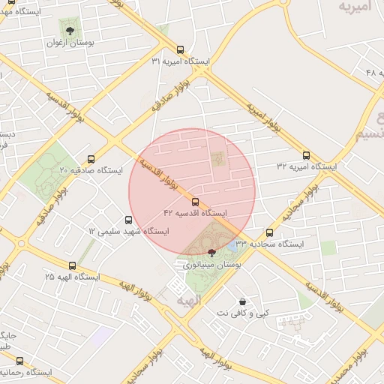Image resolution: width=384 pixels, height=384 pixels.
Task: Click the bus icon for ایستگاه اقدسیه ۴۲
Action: (x=195, y=202)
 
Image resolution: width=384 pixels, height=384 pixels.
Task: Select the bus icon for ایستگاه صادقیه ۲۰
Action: (x=91, y=159)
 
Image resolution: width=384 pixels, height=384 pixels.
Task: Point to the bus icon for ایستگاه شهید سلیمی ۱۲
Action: (x=128, y=220)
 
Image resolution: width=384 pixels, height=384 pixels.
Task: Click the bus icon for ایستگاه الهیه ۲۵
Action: (x=72, y=265)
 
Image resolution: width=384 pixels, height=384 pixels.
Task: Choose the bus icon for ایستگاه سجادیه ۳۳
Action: (x=270, y=232)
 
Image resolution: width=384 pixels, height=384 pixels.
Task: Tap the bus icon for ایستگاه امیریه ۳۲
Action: (x=305, y=154)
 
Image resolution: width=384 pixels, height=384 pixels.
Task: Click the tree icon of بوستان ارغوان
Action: (x=70, y=31)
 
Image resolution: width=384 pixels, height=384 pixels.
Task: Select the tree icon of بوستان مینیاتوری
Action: (x=211, y=253)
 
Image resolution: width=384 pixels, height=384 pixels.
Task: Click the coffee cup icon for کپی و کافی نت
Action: (x=242, y=301)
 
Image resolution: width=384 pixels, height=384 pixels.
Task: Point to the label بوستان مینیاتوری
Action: (x=211, y=265)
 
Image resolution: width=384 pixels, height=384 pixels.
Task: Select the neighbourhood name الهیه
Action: (x=188, y=300)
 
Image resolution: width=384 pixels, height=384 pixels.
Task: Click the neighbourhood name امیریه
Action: (x=355, y=7)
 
